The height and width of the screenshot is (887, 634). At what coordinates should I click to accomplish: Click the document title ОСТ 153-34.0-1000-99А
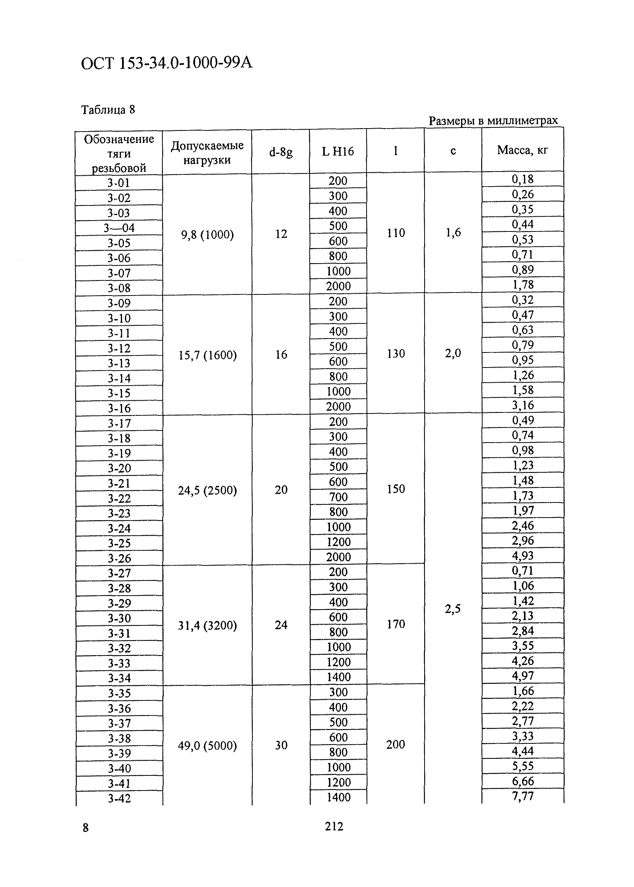pos(167,63)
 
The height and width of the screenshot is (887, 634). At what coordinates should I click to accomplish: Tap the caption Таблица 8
pos(108,110)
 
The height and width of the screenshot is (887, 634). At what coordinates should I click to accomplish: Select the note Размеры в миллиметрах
pos(493,120)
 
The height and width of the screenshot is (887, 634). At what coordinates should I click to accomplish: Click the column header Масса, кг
pos(522,150)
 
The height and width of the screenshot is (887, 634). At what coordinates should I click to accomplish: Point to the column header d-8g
pos(280,152)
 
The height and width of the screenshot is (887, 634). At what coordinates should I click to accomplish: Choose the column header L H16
pos(338,151)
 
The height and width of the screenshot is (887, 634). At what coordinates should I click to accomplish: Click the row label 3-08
pos(119,288)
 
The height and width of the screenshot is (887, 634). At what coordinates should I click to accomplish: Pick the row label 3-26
pos(119,558)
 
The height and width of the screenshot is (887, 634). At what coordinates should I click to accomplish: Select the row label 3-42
pos(119,798)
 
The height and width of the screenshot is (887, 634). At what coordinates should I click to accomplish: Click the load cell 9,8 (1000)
pos(207,234)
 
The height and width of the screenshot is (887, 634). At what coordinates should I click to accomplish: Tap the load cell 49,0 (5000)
pos(207,746)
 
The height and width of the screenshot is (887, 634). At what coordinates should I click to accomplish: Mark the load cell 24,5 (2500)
pos(207,490)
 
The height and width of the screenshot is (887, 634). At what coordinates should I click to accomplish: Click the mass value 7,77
pos(522,796)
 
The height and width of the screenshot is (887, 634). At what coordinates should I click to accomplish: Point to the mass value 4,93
pos(522,555)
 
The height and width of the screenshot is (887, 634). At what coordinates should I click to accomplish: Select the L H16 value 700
pos(338,497)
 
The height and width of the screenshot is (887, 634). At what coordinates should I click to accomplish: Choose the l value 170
pos(396,624)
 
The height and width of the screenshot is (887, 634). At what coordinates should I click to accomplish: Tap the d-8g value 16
pos(281,354)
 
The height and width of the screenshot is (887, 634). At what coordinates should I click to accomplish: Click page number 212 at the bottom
pos(334,826)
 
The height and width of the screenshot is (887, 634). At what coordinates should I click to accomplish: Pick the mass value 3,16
pos(522,405)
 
